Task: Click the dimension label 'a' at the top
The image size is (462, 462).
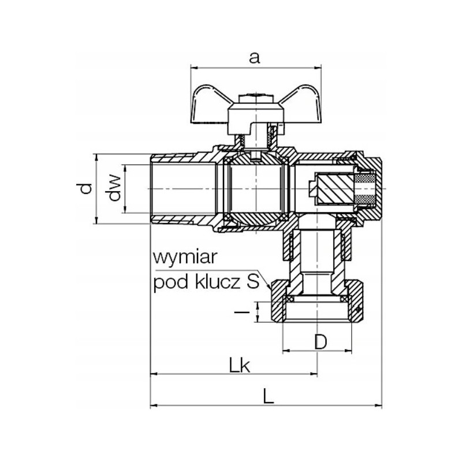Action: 254,58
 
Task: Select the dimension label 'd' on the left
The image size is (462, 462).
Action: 85,189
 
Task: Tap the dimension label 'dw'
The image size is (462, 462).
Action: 114,188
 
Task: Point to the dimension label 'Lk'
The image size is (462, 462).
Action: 240,366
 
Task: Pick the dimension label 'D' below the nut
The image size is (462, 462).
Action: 321,342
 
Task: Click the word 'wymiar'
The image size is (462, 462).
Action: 185,257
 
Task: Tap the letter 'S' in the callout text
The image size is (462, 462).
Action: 253,282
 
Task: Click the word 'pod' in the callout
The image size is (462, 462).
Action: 171,283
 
